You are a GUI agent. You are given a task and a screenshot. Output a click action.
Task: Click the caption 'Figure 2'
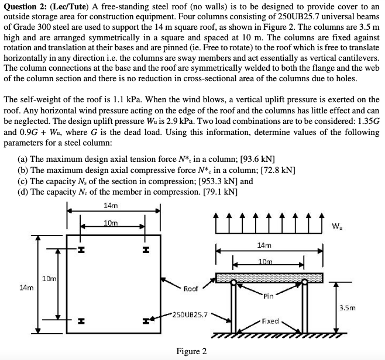coord(191,351)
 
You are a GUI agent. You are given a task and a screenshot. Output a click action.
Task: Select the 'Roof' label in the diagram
coord(191,288)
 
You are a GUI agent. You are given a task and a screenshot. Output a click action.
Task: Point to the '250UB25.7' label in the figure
coord(191,314)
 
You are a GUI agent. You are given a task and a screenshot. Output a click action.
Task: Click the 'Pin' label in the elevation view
coord(269,296)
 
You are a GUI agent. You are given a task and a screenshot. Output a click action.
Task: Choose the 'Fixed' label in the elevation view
coord(270,321)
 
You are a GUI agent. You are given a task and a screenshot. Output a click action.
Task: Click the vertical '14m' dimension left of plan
coord(26,288)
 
